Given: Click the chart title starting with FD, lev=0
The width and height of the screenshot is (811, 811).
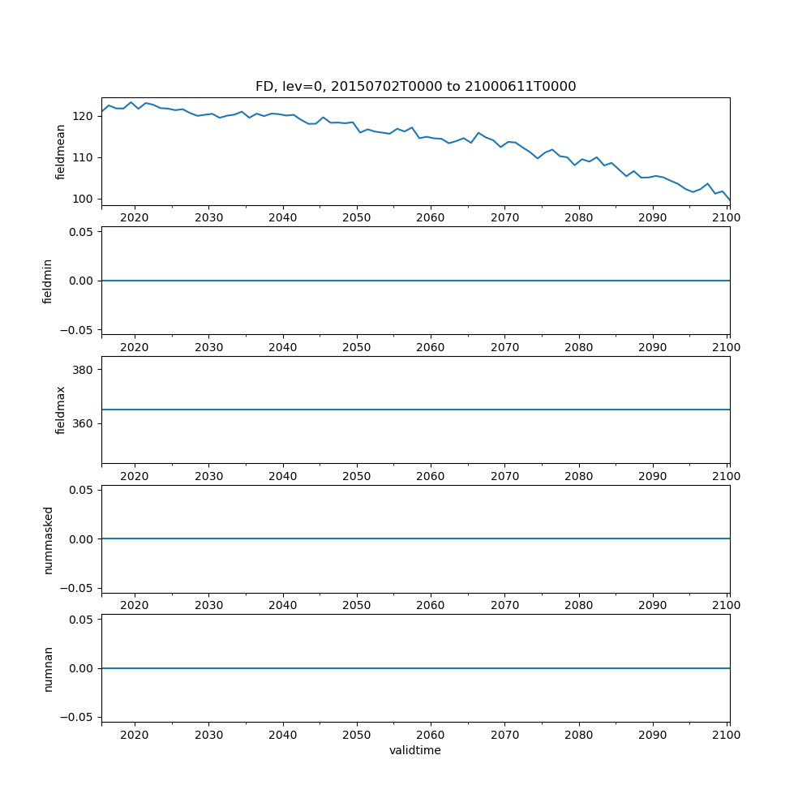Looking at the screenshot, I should [415, 87].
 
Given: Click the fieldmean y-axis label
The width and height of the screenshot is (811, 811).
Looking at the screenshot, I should [61, 152].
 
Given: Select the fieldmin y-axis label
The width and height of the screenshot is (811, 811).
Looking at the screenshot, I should [48, 281].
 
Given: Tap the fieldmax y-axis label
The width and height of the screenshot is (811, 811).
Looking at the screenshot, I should [61, 410].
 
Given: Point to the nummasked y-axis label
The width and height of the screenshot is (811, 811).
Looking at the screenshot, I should [48, 539].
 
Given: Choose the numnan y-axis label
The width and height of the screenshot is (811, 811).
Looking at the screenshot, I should [48, 668].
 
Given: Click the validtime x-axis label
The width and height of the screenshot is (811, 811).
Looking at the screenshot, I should [415, 750].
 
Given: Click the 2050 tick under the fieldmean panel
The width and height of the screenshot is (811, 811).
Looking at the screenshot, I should [356, 217].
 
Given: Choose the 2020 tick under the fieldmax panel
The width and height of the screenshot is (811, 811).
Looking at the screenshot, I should [135, 476].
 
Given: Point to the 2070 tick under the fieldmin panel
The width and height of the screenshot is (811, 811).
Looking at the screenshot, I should [504, 347].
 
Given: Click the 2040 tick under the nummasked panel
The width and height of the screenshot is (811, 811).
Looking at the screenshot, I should [282, 605].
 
